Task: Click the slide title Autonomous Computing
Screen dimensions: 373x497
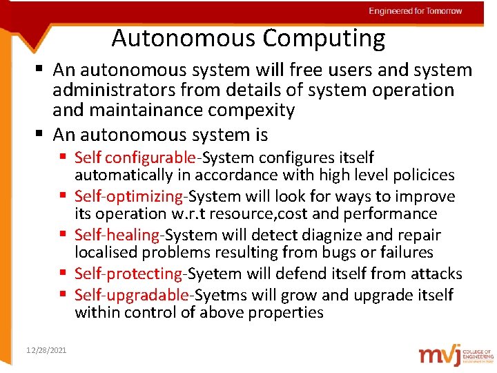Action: [x=248, y=38]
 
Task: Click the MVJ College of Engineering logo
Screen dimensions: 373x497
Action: [x=455, y=354]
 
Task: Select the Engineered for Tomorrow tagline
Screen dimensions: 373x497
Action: [x=415, y=11]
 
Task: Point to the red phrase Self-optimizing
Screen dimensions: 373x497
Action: [x=130, y=196]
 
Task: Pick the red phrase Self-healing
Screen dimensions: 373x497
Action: [x=117, y=235]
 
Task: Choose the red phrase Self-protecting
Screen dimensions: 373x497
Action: [x=129, y=274]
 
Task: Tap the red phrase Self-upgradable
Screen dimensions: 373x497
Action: [x=132, y=295]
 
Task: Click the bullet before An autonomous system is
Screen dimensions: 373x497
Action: [x=43, y=135]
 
